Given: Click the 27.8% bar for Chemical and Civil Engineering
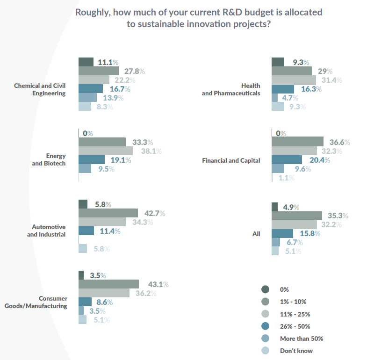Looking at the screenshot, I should (x=99, y=71).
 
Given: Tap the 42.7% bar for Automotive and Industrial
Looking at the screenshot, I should (x=108, y=213).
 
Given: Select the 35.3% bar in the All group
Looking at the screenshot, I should (x=296, y=216).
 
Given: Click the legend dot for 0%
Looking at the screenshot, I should (x=265, y=289).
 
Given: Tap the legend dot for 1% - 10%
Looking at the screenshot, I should (x=265, y=302).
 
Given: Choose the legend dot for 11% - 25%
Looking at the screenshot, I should (x=265, y=314).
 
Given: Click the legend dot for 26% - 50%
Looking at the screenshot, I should (x=265, y=326).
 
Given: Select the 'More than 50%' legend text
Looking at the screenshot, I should (x=301, y=338).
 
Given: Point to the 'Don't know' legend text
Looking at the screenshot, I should (x=296, y=351).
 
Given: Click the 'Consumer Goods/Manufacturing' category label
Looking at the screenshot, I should (x=36, y=302).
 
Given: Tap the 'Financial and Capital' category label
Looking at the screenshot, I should (x=231, y=160).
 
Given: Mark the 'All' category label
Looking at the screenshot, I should (x=256, y=234).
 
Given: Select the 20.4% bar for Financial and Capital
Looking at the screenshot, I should (x=287, y=160).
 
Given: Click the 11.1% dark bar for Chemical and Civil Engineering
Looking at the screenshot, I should (x=86, y=62).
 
